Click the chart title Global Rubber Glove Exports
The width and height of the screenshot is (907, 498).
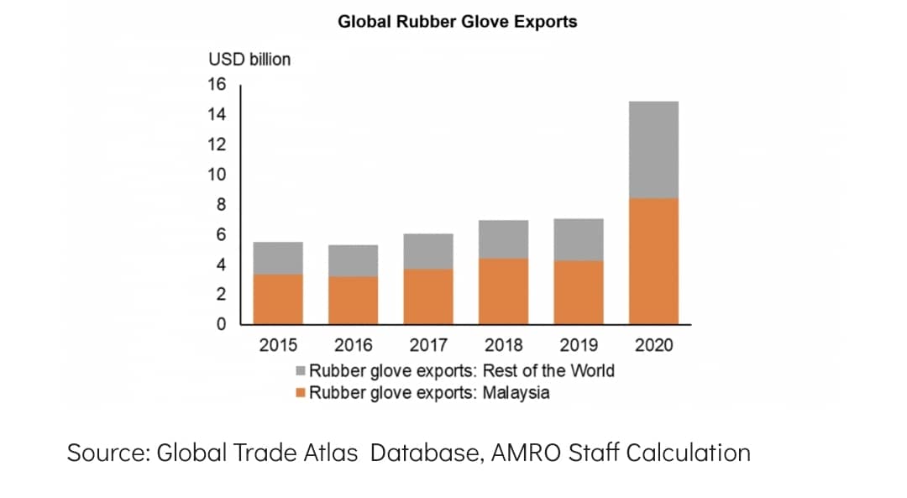click(458, 22)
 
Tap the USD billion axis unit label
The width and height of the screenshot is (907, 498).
click(249, 60)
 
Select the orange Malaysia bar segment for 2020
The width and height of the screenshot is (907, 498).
click(653, 261)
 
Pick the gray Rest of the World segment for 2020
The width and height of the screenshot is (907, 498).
click(653, 149)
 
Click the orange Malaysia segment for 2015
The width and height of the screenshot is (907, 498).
click(278, 299)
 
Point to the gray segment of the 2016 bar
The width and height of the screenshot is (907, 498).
click(354, 260)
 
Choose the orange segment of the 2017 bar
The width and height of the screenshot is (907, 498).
click(428, 296)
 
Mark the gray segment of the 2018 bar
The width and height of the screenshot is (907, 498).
click(503, 239)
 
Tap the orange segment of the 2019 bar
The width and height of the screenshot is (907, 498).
click(579, 292)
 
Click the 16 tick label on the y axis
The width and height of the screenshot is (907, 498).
click(217, 85)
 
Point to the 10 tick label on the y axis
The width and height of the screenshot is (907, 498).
click(217, 174)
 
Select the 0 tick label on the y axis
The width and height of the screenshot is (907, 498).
click(222, 324)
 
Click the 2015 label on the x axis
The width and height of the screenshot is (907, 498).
click(278, 345)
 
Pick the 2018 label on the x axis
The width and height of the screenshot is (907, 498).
click(503, 345)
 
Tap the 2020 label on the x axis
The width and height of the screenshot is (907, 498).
click(653, 345)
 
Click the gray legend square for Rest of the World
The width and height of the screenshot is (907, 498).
click(300, 370)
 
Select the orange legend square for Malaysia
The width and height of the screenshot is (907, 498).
click(300, 393)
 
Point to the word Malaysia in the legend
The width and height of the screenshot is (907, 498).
click(516, 393)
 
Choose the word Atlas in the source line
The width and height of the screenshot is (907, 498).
click(332, 453)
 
